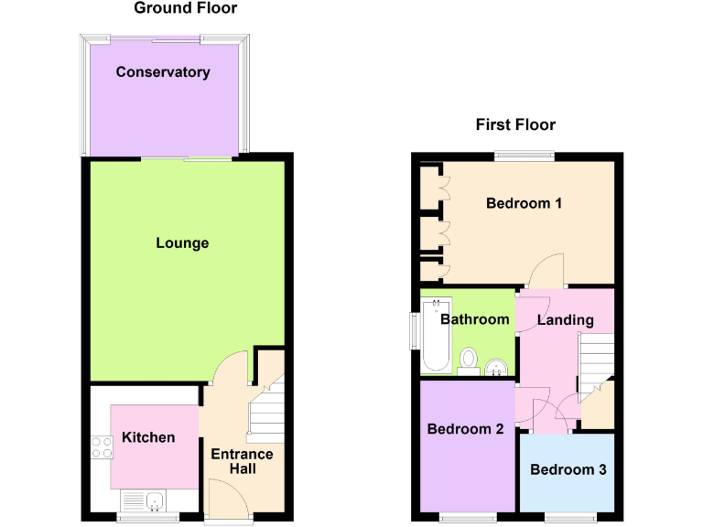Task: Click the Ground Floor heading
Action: tap(185, 8)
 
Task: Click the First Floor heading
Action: tap(515, 124)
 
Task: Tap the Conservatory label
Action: tap(163, 72)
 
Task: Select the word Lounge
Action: tap(182, 242)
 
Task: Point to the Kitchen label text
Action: tap(148, 437)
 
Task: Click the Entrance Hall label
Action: tap(242, 461)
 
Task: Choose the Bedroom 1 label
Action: tap(524, 203)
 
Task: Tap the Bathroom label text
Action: tap(474, 319)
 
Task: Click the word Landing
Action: tap(565, 320)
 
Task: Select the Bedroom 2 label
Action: tap(465, 428)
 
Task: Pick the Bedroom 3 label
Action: tap(568, 469)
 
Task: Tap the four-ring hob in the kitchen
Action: tap(101, 447)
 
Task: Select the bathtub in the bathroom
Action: tap(437, 336)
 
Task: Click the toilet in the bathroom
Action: tap(470, 359)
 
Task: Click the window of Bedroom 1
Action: tap(525, 156)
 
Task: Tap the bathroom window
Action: tap(414, 330)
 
